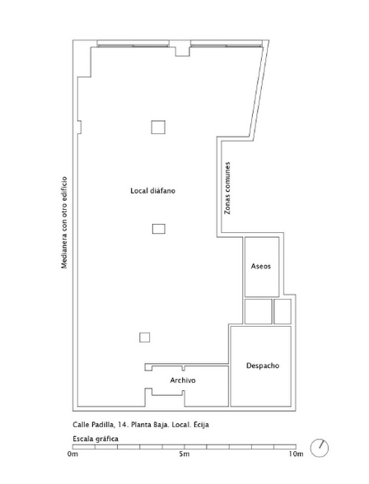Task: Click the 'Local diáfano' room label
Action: point(152,191)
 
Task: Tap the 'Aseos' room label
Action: point(261,266)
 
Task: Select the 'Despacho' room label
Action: point(263,365)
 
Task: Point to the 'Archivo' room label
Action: point(183,380)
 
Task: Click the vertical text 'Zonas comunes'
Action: point(227,188)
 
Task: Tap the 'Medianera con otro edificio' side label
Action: point(64,222)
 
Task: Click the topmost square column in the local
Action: point(158,127)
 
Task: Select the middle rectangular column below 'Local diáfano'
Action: point(159,229)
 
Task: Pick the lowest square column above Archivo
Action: point(144,337)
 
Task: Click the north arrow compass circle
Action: point(320,448)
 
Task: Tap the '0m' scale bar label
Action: point(72,454)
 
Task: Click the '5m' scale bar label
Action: point(184,454)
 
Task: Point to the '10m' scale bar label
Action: point(297,454)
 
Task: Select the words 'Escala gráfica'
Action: point(96,439)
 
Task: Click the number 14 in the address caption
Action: point(122,425)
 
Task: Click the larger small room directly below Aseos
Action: point(259,311)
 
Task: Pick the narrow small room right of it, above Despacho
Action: point(283,311)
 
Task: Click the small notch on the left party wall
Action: point(79,127)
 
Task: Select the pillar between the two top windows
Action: point(182,49)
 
